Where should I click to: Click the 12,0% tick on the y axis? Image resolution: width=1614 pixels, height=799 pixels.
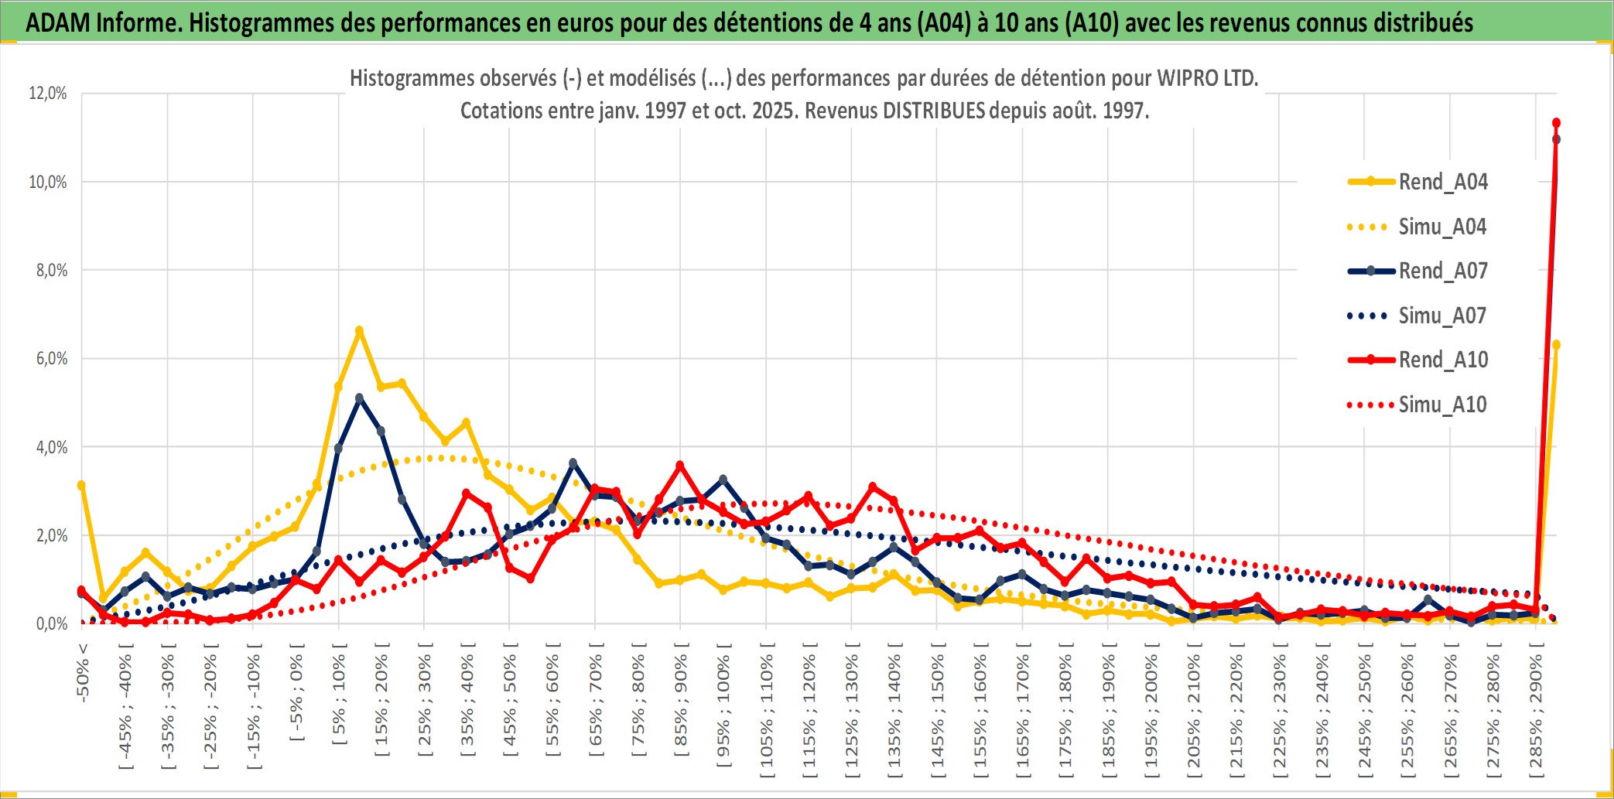point(48,94)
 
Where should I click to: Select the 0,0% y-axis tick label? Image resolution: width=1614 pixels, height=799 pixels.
point(51,624)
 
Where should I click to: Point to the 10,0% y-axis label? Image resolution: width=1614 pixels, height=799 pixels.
point(48,183)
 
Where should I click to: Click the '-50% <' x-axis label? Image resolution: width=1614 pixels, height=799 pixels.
point(83,673)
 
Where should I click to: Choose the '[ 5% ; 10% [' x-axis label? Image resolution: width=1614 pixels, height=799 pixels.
point(339,700)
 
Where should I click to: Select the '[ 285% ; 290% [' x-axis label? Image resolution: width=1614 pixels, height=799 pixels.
point(1536,715)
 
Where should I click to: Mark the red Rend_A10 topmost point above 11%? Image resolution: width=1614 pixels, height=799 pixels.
point(1556,123)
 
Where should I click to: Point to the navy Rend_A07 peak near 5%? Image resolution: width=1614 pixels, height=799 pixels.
point(359,398)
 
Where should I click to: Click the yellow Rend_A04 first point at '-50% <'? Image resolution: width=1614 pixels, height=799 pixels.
point(81,485)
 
